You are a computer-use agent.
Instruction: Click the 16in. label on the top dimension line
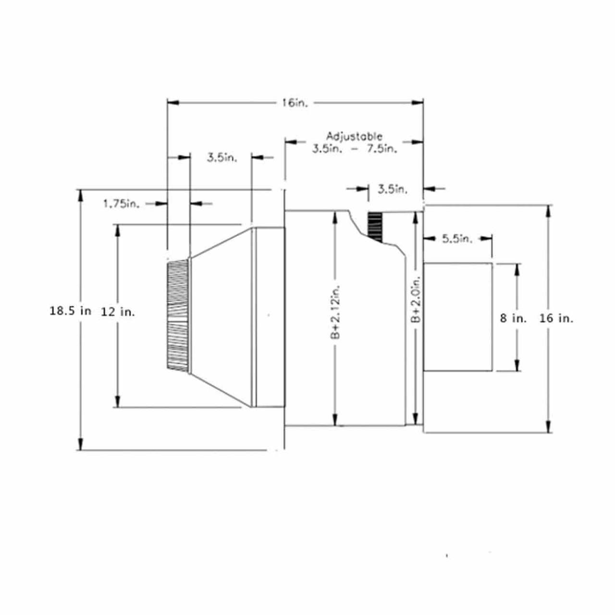[x=294, y=103]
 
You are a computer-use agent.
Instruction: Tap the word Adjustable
[x=354, y=136]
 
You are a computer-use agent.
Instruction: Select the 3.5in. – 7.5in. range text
[x=355, y=148]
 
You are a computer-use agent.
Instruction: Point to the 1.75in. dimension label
[x=121, y=204]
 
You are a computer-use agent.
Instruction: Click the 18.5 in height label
[x=70, y=311]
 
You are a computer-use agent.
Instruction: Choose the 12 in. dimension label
[x=118, y=312]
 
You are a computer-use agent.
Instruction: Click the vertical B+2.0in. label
[x=416, y=298]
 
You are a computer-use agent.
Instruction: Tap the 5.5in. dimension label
[x=457, y=238]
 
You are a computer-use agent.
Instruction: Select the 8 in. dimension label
[x=513, y=318]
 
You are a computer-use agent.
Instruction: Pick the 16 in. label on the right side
[x=556, y=318]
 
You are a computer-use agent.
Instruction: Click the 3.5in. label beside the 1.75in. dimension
[x=221, y=158]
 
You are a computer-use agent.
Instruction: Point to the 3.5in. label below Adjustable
[x=392, y=189]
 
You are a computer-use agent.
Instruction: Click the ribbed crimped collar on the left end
[x=178, y=315]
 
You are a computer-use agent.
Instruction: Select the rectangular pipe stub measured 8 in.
[x=457, y=317]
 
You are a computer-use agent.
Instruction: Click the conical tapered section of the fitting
[x=221, y=317]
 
